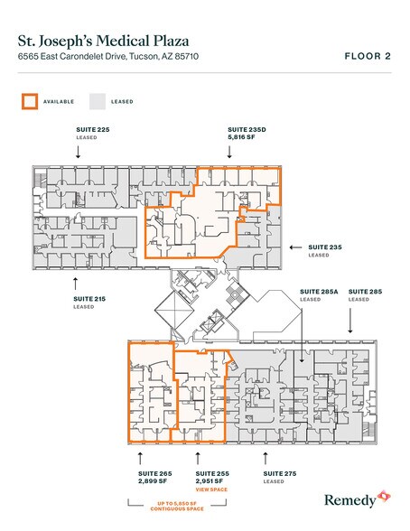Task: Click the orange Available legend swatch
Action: coord(30,101)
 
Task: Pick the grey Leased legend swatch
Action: coord(97,101)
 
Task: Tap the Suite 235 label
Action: coord(326,248)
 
